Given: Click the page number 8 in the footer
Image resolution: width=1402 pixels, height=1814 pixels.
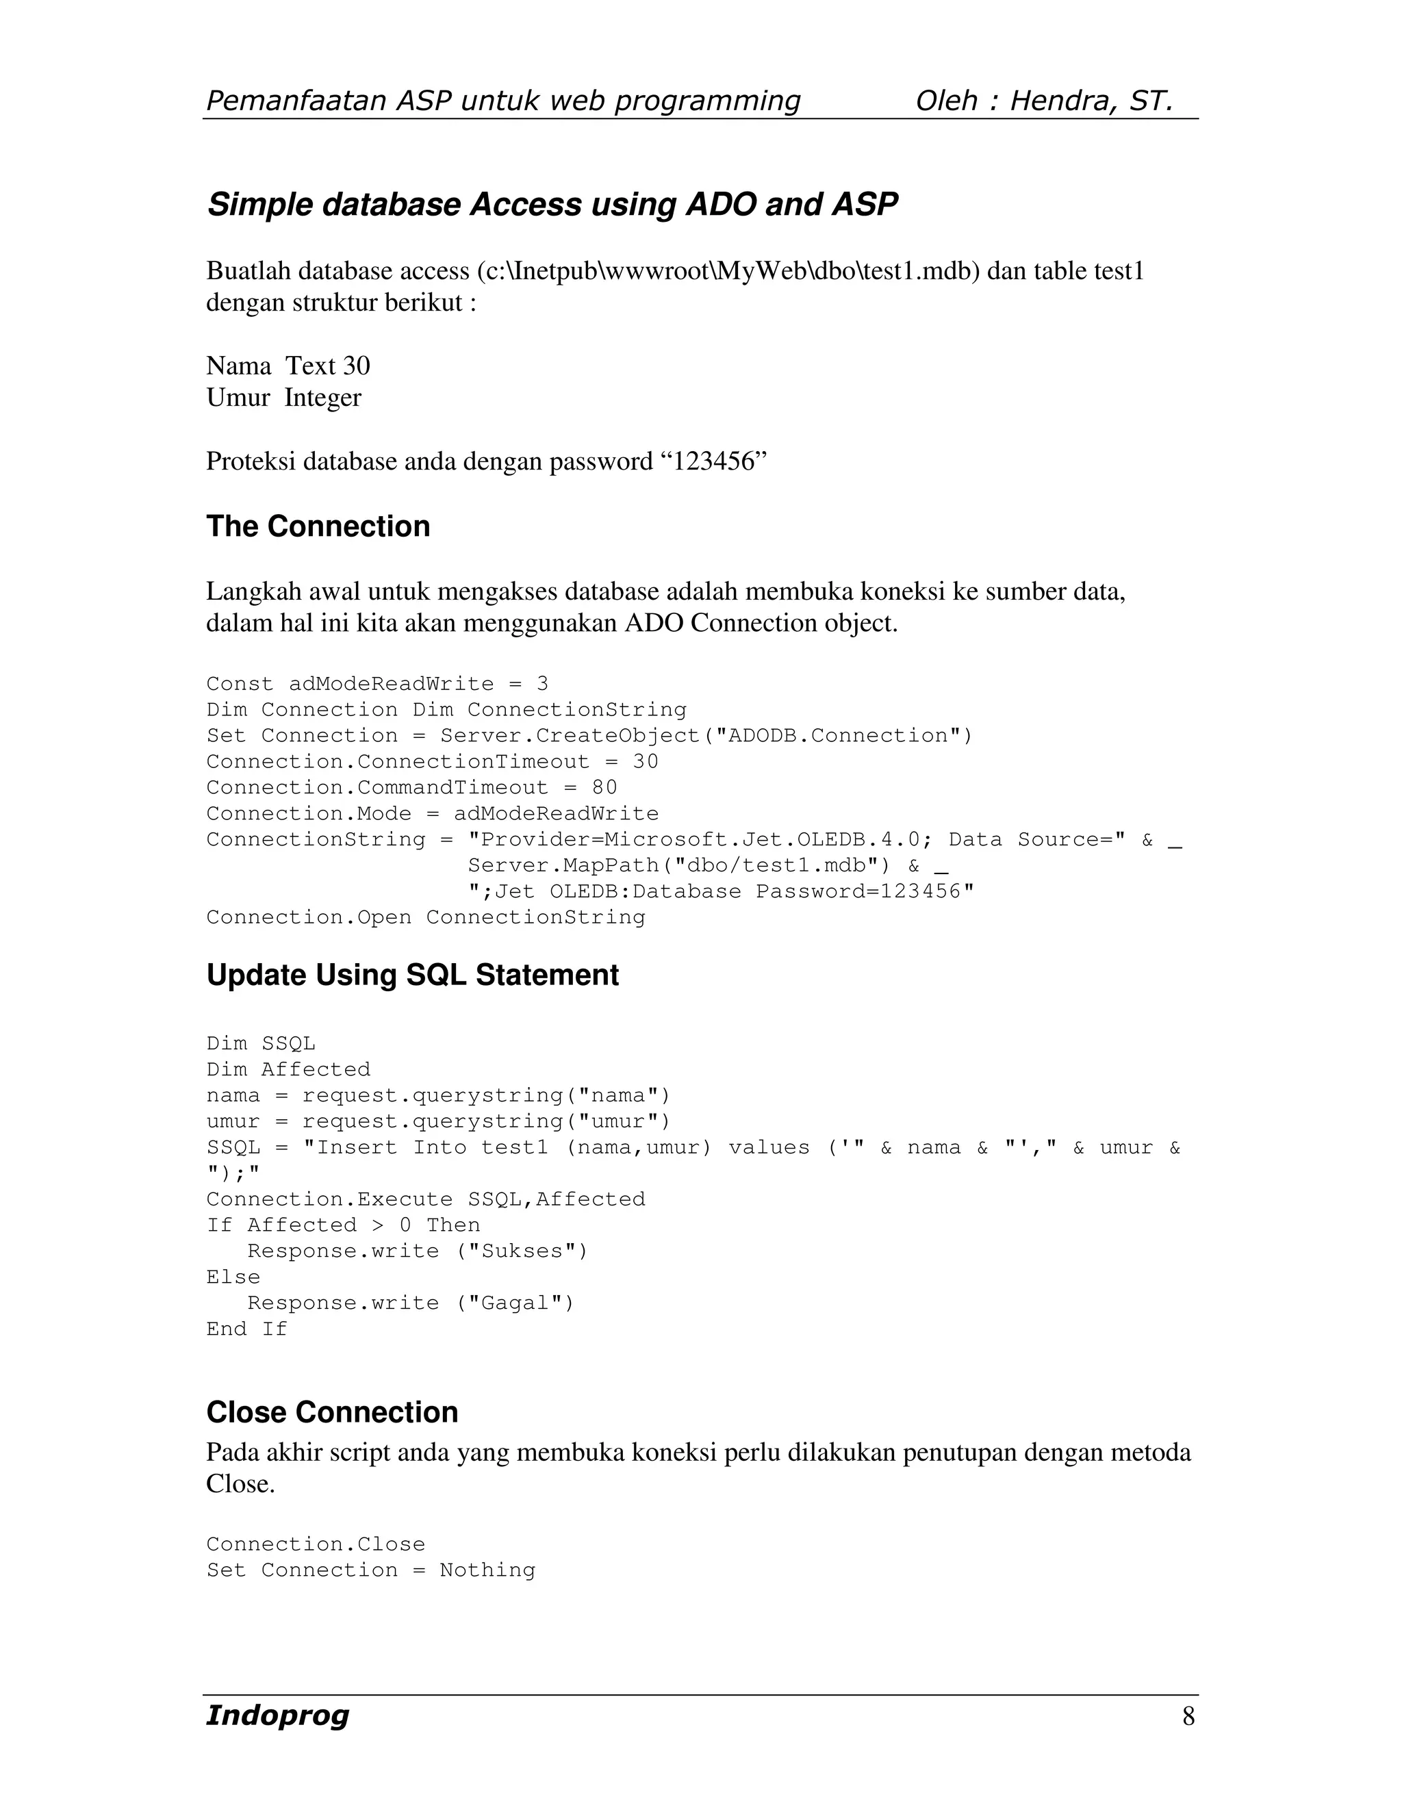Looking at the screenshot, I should tap(1188, 1716).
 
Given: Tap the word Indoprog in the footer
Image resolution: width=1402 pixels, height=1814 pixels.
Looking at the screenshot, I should tap(277, 1715).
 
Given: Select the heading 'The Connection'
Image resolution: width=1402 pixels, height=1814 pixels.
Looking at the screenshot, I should tap(318, 526).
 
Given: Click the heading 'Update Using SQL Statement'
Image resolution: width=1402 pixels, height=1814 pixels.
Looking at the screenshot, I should tap(412, 974).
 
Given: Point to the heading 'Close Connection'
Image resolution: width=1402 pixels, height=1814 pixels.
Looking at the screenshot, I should tap(331, 1412).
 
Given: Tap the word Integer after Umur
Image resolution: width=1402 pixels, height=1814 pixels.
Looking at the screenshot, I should tap(322, 398).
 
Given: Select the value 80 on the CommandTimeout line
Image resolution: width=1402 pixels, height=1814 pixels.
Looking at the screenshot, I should tap(604, 787).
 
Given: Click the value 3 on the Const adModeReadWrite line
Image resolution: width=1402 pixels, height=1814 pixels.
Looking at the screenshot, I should tap(542, 684).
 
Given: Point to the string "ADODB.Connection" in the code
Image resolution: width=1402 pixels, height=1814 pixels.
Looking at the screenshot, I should tap(838, 736).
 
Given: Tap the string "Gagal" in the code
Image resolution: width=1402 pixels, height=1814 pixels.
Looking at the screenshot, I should tap(515, 1303).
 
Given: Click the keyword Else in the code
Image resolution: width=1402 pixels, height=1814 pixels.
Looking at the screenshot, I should tap(233, 1277).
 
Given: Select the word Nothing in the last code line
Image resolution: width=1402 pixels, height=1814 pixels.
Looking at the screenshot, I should tap(487, 1570).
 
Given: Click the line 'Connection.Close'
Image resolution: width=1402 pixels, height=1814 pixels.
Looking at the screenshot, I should tap(316, 1544).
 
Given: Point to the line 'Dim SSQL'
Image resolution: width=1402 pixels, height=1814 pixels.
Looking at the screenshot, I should tap(261, 1043).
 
